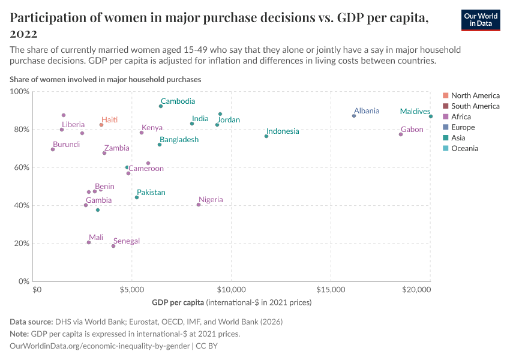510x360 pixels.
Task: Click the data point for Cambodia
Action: click(x=161, y=106)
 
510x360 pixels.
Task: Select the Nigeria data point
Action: click(x=199, y=205)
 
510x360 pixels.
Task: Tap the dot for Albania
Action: click(x=354, y=116)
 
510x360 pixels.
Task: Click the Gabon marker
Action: click(x=401, y=134)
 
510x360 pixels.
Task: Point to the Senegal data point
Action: click(x=113, y=246)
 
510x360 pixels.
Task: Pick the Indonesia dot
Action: click(x=266, y=136)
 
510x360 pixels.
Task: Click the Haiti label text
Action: click(x=109, y=120)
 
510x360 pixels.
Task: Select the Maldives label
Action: click(x=415, y=112)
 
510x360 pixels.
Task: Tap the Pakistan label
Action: click(x=151, y=193)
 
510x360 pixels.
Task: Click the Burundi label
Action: click(x=66, y=145)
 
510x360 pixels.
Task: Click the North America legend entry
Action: click(x=475, y=95)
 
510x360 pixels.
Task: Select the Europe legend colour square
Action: click(x=445, y=127)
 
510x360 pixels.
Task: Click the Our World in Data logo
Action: click(x=481, y=20)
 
